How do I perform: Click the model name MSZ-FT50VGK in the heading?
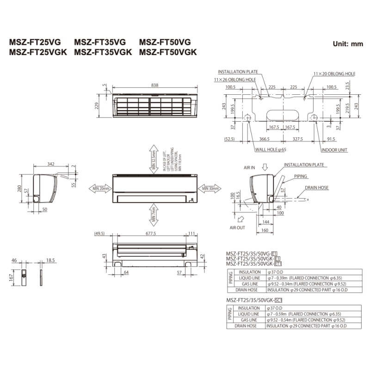[168, 52]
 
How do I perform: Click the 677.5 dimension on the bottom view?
[149, 234]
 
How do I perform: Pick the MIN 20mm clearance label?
[101, 188]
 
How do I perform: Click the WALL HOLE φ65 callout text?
[271, 150]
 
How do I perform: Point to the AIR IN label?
[249, 168]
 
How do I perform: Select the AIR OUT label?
[237, 228]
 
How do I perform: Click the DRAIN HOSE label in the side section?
[317, 188]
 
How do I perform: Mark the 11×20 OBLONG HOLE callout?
[334, 74]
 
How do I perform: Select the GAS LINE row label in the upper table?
[249, 284]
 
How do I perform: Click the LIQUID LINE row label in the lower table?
[249, 314]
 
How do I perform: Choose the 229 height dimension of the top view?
[97, 106]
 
